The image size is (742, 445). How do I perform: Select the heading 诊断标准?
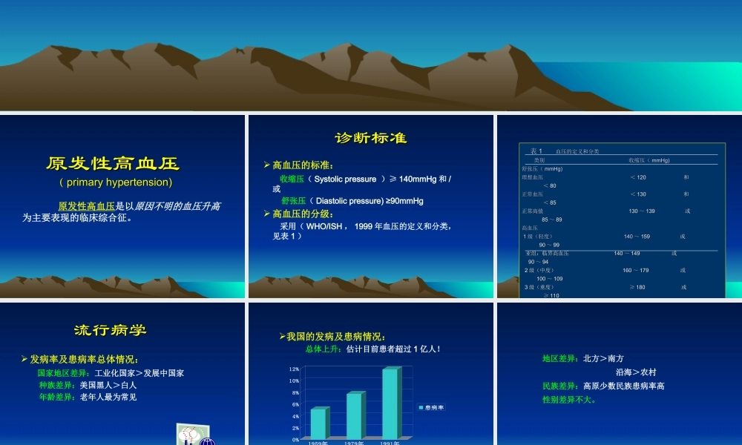click(x=371, y=138)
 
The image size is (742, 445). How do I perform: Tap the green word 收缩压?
click(x=292, y=179)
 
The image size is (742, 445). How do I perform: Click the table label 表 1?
click(x=536, y=151)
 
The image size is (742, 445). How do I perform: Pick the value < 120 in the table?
click(x=637, y=177)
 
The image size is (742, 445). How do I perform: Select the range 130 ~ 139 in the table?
click(x=642, y=211)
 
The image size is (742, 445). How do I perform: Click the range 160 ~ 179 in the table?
click(x=636, y=270)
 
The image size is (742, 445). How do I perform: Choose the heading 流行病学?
click(x=115, y=330)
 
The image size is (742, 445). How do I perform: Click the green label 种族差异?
click(x=56, y=385)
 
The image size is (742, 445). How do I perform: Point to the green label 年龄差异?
click(x=56, y=397)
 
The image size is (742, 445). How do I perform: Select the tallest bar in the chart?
click(x=390, y=403)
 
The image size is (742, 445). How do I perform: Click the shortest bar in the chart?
click(x=318, y=423)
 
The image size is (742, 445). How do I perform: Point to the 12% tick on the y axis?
click(x=294, y=369)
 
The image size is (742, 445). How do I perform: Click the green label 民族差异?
click(x=560, y=386)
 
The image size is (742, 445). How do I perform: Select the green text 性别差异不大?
click(x=570, y=400)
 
